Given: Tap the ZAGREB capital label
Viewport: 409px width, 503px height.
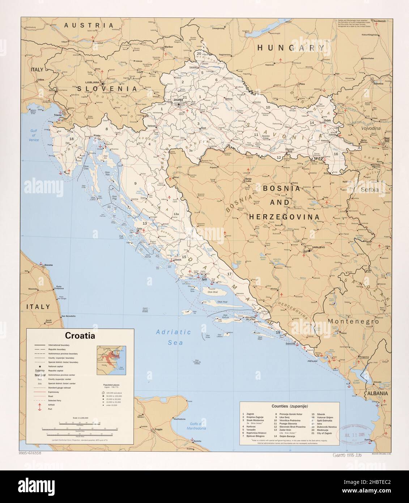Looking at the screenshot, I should (x=178, y=99).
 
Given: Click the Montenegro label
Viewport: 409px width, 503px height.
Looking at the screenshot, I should (x=353, y=321).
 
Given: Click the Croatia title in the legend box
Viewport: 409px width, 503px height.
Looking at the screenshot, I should (x=80, y=335).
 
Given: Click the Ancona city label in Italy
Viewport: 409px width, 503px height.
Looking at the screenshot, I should (x=48, y=265).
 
